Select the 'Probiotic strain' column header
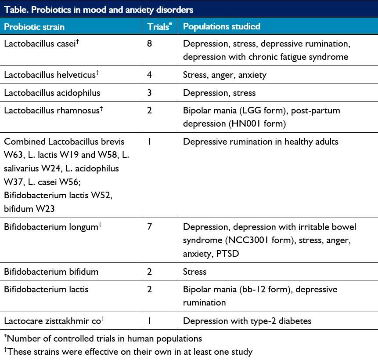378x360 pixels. [34, 27]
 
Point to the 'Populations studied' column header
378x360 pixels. [221, 27]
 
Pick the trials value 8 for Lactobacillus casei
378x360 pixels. [150, 44]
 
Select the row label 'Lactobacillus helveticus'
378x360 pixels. [50, 75]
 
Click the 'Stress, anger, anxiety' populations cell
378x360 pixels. [224, 75]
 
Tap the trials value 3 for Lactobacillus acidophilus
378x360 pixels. [150, 93]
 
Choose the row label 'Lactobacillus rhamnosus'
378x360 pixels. [51, 111]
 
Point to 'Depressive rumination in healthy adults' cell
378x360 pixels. [260, 142]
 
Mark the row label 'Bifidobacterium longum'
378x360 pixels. [51, 227]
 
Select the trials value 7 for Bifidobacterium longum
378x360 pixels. [150, 227]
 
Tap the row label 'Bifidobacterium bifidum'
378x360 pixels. [51, 272]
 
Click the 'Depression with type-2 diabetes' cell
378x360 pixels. [247, 321]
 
